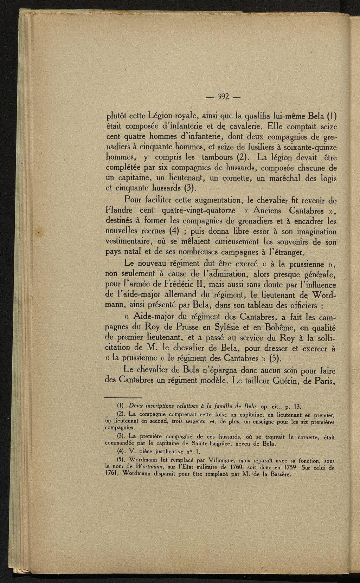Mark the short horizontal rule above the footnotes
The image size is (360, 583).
123,396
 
